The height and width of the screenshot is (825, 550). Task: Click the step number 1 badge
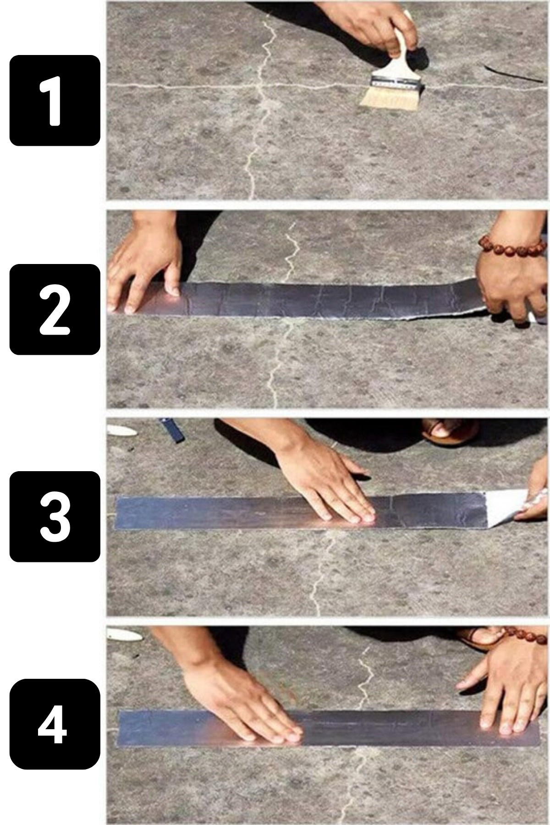click(x=55, y=100)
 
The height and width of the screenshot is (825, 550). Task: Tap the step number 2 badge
click(x=55, y=309)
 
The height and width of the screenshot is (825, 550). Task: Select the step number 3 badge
click(x=55, y=517)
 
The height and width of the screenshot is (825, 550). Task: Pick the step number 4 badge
click(x=55, y=724)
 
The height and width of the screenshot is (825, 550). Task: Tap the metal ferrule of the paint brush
click(x=396, y=82)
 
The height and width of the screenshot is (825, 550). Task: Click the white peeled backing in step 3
click(x=504, y=506)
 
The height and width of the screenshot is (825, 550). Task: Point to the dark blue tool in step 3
click(x=172, y=430)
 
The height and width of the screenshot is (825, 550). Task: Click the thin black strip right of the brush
click(x=513, y=73)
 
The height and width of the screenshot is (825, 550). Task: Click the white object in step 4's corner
click(x=124, y=634)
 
